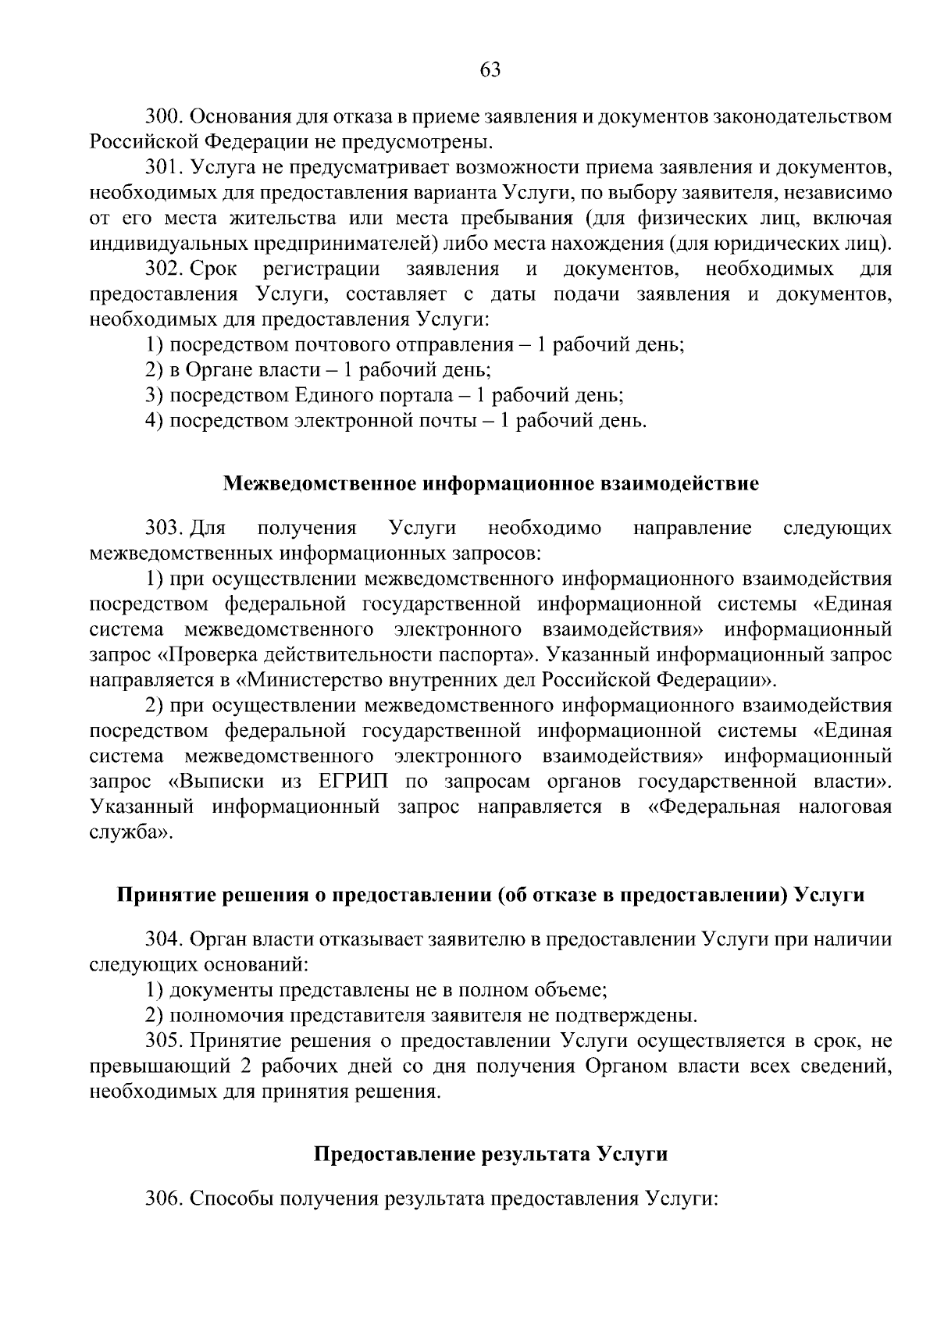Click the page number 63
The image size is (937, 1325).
[x=490, y=70]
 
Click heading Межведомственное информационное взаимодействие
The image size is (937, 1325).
[x=490, y=483]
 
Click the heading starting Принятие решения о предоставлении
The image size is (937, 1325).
[x=490, y=895]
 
